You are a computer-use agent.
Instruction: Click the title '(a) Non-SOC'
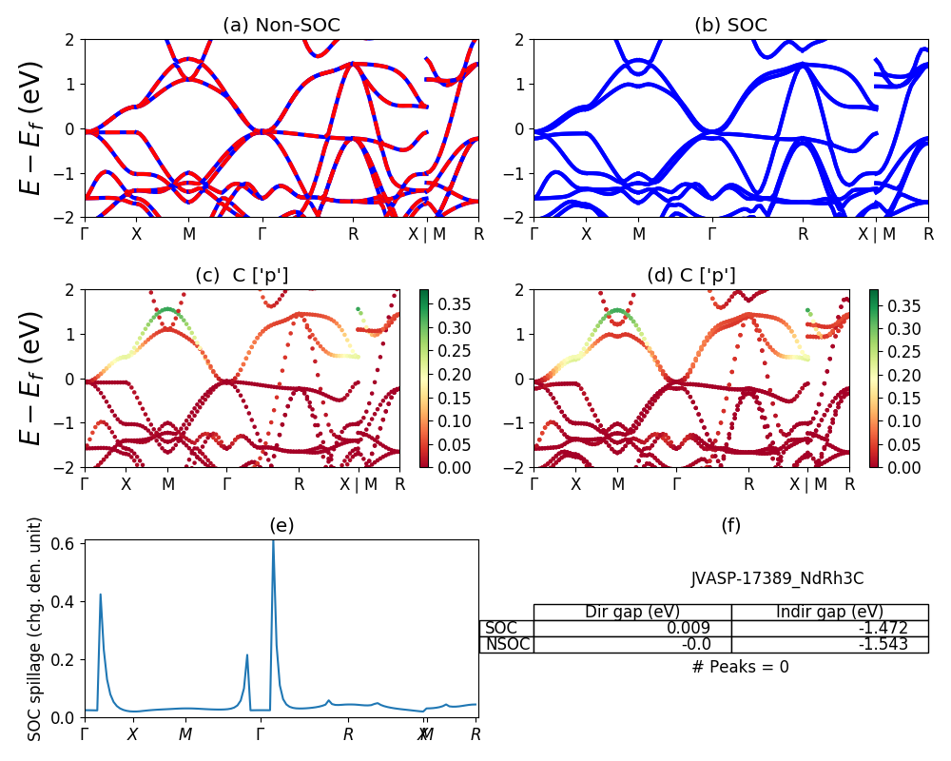[281, 26]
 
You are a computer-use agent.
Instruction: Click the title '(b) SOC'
[730, 26]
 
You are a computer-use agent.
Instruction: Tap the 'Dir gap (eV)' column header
[632, 612]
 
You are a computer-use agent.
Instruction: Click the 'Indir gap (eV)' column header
[829, 612]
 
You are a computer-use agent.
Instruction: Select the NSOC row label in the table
[507, 644]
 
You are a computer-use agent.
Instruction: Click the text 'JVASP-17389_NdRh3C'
[777, 578]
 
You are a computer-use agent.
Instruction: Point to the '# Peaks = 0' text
[741, 667]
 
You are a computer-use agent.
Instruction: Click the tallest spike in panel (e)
[273, 543]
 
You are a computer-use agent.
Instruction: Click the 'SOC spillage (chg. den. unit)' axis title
[35, 629]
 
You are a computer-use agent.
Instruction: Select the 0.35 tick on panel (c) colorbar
[445, 304]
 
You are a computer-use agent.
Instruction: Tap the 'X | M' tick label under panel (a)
[427, 234]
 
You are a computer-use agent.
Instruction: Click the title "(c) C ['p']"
[242, 276]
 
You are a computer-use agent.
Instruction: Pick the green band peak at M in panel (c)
[168, 309]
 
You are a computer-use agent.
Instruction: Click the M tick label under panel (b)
[639, 234]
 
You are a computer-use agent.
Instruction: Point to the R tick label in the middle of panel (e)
[349, 734]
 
